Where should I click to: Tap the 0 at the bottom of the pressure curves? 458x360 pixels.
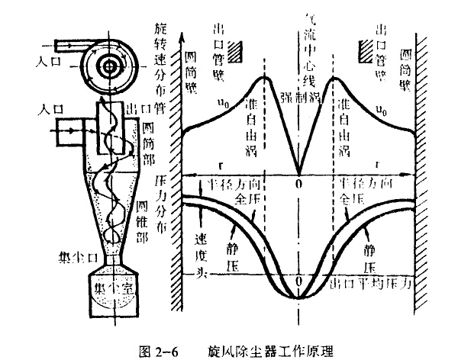[x=298, y=281]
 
